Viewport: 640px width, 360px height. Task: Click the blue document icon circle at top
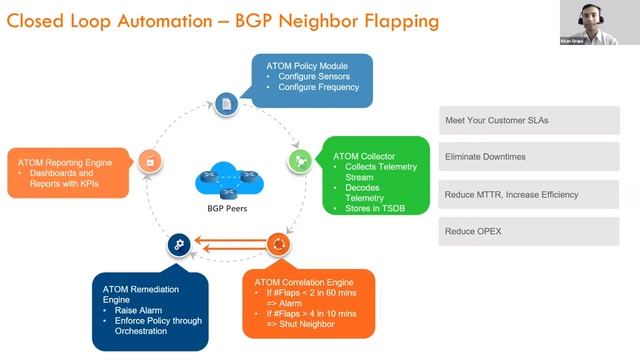(x=227, y=104)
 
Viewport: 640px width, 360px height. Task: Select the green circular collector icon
(x=297, y=159)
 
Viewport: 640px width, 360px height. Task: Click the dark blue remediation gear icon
(x=177, y=243)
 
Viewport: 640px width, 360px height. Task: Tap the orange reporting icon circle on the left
(x=149, y=160)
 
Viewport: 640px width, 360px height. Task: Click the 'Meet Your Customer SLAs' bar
(x=529, y=120)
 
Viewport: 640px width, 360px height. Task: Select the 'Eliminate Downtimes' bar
(x=529, y=157)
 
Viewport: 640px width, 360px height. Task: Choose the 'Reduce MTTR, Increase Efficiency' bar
(x=529, y=194)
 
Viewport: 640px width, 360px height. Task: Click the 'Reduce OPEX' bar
(x=529, y=232)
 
